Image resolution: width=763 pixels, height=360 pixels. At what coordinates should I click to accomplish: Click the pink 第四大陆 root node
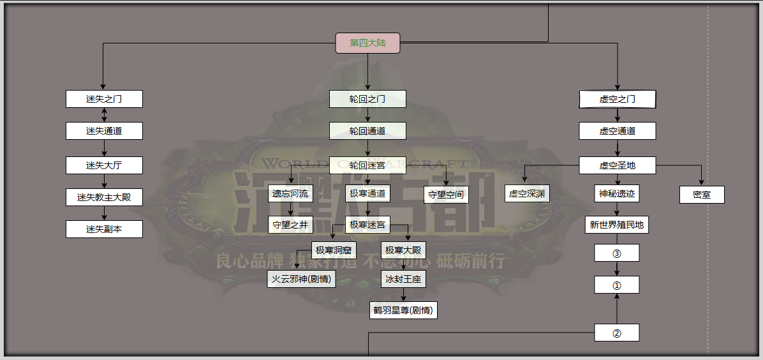[367, 43]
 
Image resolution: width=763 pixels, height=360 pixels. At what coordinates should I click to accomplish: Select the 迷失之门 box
[104, 99]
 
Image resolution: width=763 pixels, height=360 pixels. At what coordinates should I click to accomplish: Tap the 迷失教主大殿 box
[104, 197]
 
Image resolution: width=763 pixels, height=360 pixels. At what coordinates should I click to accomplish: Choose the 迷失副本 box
[104, 229]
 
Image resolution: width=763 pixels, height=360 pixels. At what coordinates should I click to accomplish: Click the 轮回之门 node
[367, 99]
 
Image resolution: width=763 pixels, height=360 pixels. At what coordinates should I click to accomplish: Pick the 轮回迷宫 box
[367, 165]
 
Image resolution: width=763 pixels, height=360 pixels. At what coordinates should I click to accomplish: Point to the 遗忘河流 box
[290, 193]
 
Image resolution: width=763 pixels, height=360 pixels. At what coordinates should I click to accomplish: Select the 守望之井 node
[290, 225]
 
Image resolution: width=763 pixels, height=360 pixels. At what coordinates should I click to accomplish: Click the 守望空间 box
[446, 195]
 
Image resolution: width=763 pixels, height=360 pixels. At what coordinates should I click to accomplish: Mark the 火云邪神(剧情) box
[301, 279]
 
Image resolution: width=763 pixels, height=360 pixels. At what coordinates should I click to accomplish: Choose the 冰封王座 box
[403, 279]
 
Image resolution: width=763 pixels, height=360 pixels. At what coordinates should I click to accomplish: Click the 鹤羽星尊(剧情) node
[403, 311]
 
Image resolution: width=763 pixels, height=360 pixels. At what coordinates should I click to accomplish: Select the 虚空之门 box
[617, 99]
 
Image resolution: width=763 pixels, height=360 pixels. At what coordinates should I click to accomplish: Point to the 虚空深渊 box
[528, 193]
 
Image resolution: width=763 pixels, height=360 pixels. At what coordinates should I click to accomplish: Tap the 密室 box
[702, 195]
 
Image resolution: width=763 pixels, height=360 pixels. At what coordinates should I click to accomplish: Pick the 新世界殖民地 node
[617, 225]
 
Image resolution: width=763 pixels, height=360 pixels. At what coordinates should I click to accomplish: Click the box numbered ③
[617, 253]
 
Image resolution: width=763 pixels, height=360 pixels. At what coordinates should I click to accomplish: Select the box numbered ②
[617, 333]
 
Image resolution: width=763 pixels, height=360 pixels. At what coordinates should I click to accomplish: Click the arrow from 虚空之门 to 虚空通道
[617, 115]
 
